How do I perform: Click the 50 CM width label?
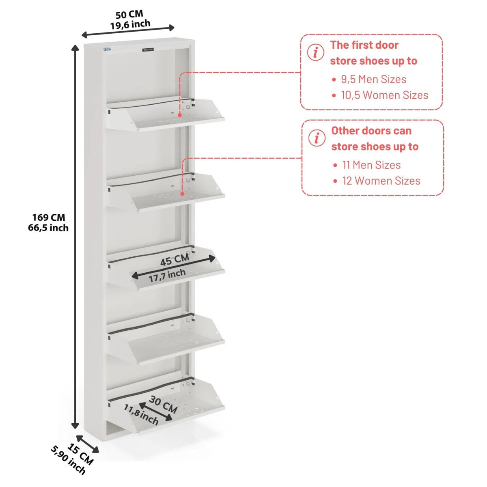129,14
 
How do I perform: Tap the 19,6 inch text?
130,24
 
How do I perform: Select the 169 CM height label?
49,217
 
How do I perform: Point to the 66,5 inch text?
48,228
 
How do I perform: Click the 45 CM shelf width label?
175,260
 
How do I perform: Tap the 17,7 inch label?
167,275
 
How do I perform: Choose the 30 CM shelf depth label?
163,405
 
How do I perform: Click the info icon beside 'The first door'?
316,52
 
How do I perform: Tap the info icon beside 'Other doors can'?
317,138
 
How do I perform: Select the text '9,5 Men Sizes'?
373,79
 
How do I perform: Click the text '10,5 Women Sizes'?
385,95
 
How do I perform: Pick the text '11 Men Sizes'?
371,165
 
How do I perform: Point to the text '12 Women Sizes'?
381,181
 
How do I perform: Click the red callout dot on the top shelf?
180,115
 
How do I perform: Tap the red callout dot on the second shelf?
182,194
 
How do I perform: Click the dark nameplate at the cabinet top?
148,50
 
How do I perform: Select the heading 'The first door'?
364,45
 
